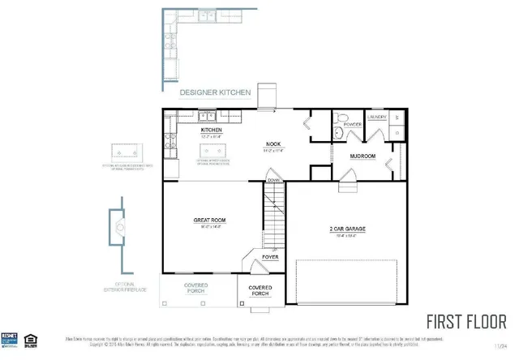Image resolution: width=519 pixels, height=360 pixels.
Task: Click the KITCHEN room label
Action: click(212, 130)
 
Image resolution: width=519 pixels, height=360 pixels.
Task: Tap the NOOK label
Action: click(272, 144)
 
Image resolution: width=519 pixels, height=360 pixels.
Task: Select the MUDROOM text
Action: click(362, 156)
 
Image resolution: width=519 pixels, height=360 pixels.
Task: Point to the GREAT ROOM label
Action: click(208, 220)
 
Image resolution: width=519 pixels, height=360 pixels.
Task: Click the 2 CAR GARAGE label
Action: click(346, 229)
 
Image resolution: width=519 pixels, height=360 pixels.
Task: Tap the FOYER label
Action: click(270, 257)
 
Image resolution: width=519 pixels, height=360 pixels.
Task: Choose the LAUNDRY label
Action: click(377, 117)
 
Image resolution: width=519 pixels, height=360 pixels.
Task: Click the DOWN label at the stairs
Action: click(273, 180)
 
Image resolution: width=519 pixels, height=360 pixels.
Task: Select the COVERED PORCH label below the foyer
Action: click(259, 289)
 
